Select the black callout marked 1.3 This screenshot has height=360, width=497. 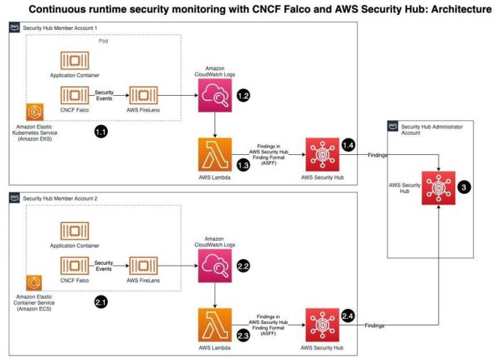(243, 165)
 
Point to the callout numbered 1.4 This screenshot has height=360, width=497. (348, 145)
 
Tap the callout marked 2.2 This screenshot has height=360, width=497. (244, 266)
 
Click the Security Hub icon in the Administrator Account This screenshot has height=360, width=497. (437, 187)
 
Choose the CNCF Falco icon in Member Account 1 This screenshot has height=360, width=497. (74, 95)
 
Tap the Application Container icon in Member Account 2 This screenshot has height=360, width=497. (74, 230)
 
